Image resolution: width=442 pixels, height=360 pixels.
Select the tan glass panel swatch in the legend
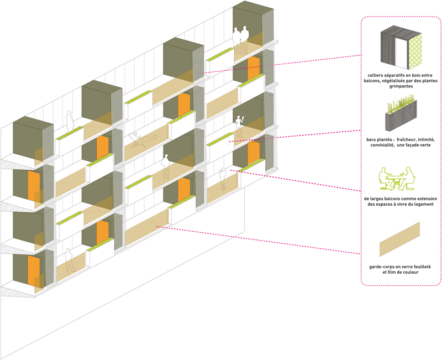[399, 236]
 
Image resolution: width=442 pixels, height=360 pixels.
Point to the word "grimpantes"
[401, 86]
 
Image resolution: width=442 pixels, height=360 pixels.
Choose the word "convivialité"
[386, 146]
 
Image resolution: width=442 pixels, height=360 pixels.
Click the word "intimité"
[432, 139]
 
